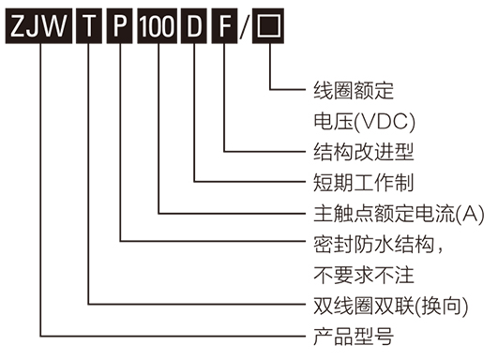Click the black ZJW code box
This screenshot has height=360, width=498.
pyautogui.click(x=38, y=26)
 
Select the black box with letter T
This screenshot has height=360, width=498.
pyautogui.click(x=89, y=26)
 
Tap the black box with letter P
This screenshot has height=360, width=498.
pyautogui.click(x=121, y=26)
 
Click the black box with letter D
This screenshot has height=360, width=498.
pyautogui.click(x=195, y=26)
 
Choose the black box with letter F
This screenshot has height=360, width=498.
pyautogui.click(x=226, y=26)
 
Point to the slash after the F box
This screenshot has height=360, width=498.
pyautogui.click(x=248, y=26)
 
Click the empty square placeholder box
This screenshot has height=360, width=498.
pyautogui.click(x=271, y=26)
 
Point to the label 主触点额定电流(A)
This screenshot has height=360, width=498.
pyautogui.click(x=398, y=213)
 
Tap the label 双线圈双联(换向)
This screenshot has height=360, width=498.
pyautogui.click(x=388, y=306)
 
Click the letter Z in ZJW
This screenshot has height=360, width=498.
pyautogui.click(x=18, y=26)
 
